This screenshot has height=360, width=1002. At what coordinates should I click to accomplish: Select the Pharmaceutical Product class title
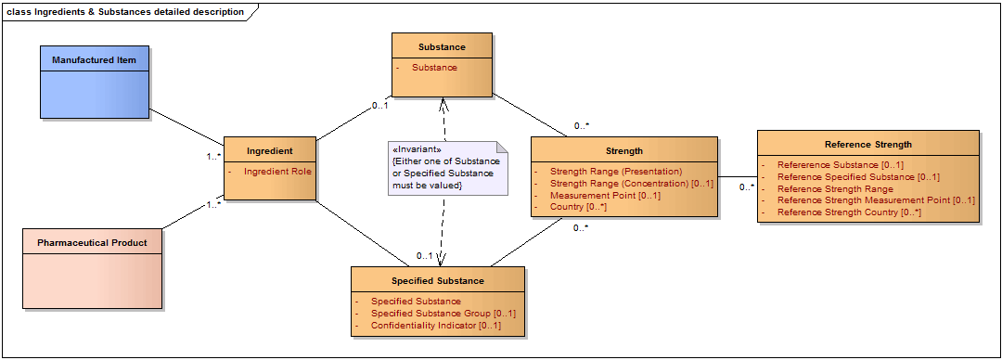click(92, 243)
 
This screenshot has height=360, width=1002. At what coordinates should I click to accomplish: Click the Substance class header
click(443, 46)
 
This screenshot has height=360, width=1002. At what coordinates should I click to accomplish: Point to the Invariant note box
click(447, 167)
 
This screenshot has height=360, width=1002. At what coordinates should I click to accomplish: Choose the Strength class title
click(624, 151)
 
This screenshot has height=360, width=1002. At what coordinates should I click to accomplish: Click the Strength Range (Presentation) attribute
click(616, 172)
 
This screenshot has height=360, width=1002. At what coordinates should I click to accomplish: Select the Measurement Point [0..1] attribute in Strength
click(605, 195)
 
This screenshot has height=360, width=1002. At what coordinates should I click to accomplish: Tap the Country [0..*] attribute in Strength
click(578, 207)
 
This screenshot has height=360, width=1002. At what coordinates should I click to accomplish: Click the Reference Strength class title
click(868, 145)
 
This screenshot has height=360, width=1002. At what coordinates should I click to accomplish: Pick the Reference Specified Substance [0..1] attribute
click(858, 177)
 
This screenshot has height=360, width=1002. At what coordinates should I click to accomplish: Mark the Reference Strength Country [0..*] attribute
click(849, 212)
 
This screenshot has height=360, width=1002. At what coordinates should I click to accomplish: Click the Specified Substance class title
click(438, 281)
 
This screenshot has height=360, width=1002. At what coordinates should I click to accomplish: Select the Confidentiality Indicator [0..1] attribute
click(436, 326)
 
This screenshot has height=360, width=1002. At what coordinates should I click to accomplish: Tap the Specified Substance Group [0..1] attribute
click(443, 314)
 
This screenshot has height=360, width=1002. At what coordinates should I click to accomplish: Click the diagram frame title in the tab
click(125, 11)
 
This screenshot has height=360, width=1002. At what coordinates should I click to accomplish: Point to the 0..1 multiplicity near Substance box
click(380, 106)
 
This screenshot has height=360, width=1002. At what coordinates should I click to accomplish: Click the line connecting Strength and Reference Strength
click(738, 176)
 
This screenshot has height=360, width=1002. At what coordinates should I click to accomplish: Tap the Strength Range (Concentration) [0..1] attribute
click(632, 184)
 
